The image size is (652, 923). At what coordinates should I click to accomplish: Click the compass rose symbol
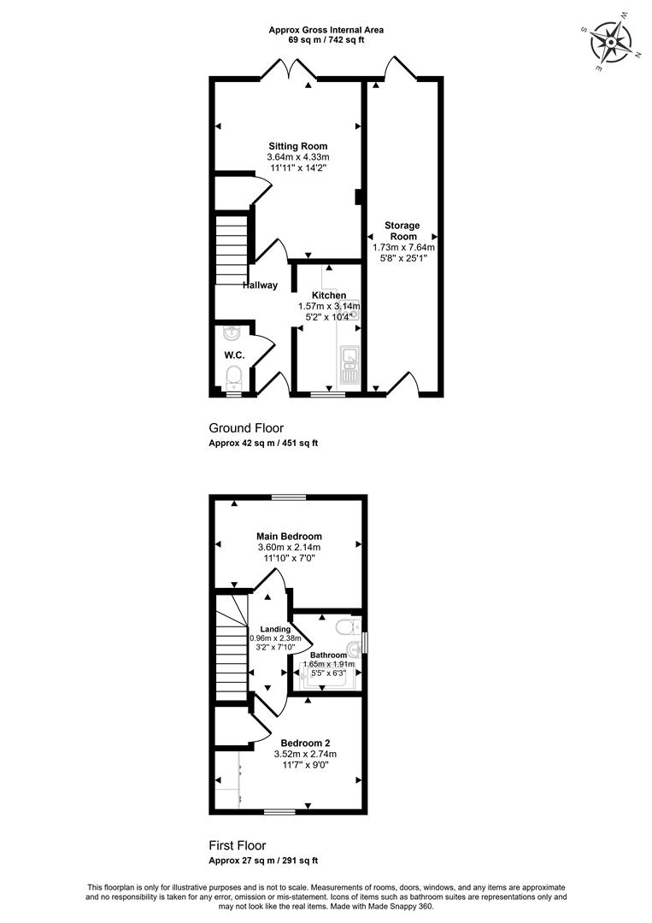(x=611, y=43)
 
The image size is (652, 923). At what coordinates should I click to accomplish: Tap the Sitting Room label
(x=297, y=146)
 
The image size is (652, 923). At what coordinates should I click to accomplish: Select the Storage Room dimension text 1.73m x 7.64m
(x=403, y=247)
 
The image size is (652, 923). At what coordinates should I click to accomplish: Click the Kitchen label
(x=329, y=296)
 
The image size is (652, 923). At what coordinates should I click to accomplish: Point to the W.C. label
(x=234, y=355)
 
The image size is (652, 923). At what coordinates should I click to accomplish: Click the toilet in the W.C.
(x=234, y=377)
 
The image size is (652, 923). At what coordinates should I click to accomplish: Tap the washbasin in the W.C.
(x=232, y=333)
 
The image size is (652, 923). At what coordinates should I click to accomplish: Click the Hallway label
(x=260, y=285)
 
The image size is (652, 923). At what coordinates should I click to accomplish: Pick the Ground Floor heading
(x=246, y=428)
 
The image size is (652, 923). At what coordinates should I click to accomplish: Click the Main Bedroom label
(x=289, y=536)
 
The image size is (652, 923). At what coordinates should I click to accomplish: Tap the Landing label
(x=275, y=629)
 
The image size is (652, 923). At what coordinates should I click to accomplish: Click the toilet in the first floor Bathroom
(x=348, y=627)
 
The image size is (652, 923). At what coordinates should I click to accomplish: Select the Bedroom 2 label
(x=305, y=743)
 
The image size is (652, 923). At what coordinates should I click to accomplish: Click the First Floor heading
(x=238, y=845)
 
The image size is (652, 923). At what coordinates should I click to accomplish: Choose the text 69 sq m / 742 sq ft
(x=326, y=40)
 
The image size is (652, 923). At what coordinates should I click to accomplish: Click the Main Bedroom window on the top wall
(x=289, y=497)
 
